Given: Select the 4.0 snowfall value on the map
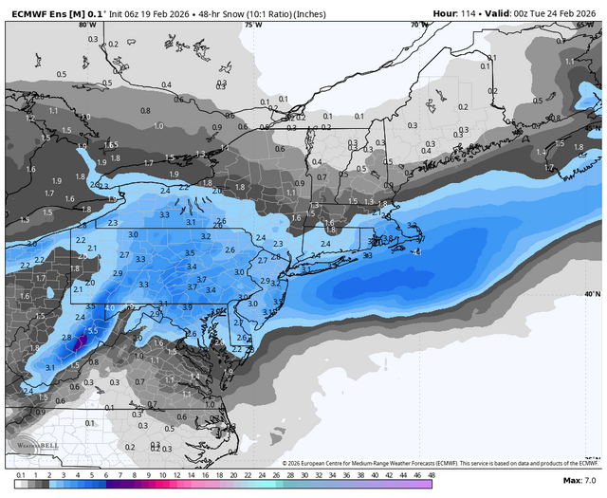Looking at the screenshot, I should click(110, 308).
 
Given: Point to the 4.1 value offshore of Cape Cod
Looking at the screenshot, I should click(414, 251).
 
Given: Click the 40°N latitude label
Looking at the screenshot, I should click(592, 295).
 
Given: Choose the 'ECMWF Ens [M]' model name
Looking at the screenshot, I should click(38, 12).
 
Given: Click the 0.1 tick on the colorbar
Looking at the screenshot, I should click(20, 474).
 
